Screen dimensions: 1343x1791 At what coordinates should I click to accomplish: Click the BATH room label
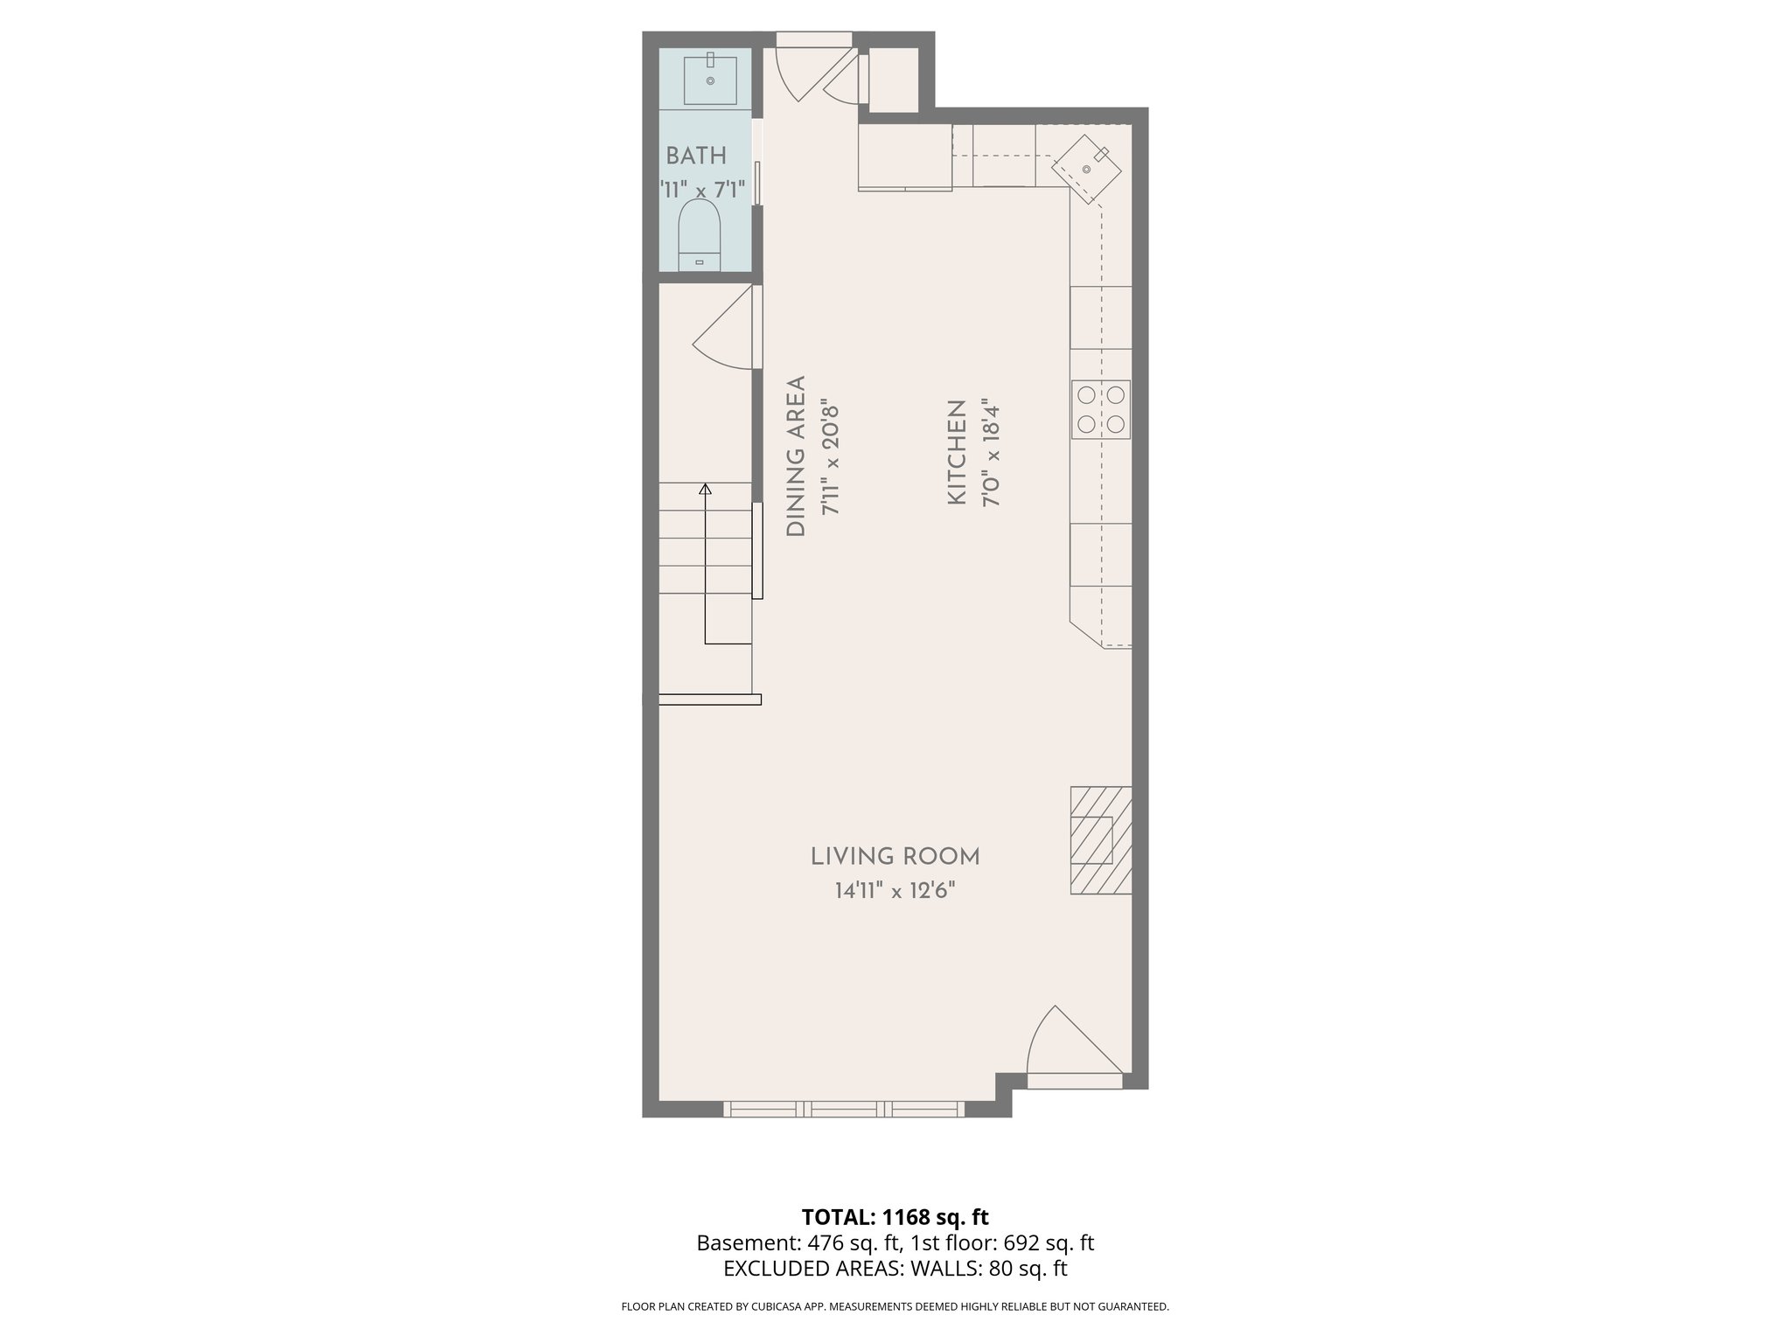click(696, 157)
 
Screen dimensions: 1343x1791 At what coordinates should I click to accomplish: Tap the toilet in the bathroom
click(699, 234)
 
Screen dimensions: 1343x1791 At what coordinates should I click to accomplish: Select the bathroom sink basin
click(709, 80)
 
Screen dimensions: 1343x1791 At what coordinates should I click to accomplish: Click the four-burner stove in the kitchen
click(1101, 409)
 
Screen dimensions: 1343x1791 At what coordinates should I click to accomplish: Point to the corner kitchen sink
click(1086, 168)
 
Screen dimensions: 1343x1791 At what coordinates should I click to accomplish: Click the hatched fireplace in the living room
click(1100, 840)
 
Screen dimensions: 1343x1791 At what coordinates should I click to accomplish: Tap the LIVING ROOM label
click(895, 857)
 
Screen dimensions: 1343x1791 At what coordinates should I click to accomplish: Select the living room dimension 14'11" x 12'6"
click(895, 892)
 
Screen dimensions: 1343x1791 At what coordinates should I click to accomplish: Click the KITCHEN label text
click(957, 452)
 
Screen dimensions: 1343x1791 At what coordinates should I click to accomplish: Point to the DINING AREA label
click(796, 456)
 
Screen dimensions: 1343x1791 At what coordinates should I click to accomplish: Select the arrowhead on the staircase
click(705, 489)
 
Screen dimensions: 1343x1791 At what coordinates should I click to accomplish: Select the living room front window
click(844, 1110)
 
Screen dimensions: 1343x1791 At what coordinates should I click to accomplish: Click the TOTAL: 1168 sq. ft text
click(895, 1217)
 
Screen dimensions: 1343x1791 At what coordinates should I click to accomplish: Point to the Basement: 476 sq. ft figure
click(797, 1243)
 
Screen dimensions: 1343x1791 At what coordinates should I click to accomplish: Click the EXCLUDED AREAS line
click(895, 1269)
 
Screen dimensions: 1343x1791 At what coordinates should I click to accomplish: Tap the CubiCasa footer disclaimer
click(895, 1307)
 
